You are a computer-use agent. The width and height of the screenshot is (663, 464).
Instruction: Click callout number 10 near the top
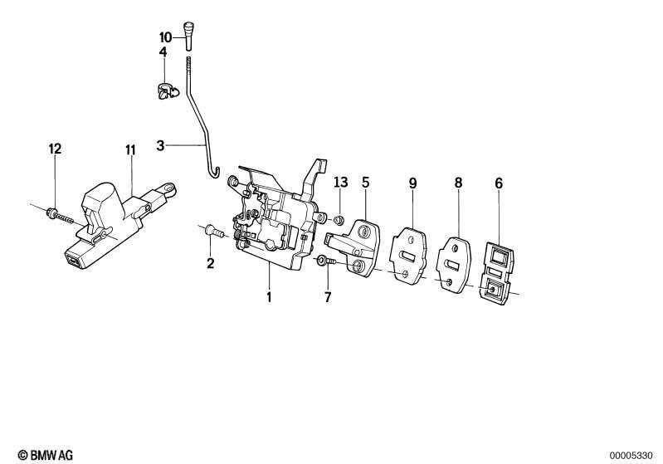(166, 37)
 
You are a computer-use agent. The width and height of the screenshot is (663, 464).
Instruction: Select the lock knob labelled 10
(188, 36)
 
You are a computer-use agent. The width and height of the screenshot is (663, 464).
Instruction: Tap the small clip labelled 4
(168, 91)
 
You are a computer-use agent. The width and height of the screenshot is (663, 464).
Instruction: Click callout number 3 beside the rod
(160, 145)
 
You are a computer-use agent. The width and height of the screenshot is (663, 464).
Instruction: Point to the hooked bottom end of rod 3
(215, 172)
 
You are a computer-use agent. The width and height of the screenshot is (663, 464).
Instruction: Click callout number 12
(55, 149)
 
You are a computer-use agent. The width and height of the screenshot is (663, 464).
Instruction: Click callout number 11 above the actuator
(130, 150)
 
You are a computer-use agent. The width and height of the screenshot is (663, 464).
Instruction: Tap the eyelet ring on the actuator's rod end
(169, 188)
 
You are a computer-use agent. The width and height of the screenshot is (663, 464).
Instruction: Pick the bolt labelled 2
(214, 232)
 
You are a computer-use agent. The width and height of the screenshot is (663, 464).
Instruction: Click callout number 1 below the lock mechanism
(269, 297)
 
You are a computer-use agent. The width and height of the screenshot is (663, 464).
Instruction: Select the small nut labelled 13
(339, 220)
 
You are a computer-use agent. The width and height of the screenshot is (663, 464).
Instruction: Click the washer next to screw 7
(320, 260)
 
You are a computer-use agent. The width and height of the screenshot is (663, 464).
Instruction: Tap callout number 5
(366, 183)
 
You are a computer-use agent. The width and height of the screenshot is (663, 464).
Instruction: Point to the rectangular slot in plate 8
(451, 266)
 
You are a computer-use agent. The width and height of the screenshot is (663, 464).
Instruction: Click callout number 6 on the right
(499, 183)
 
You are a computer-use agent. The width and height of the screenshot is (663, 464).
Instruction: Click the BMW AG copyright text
(46, 455)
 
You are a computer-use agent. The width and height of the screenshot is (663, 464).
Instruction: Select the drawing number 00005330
(631, 456)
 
